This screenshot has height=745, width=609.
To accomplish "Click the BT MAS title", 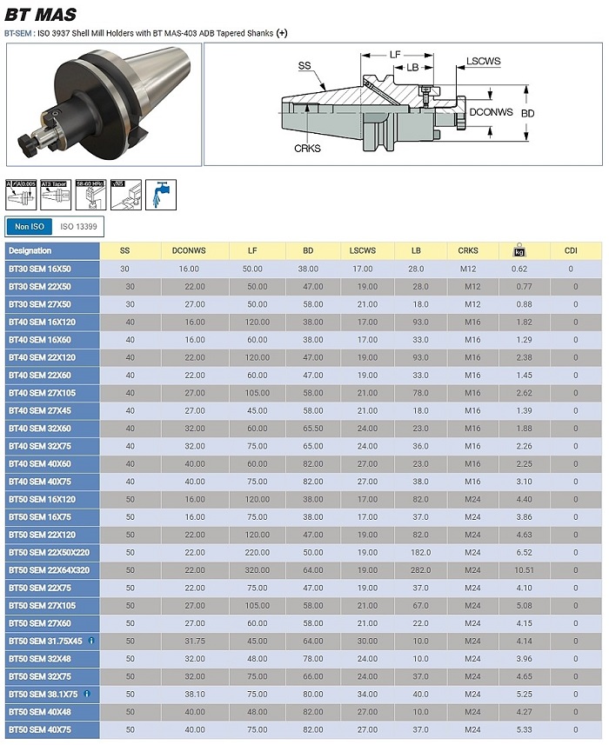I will pyautogui.click(x=40, y=14).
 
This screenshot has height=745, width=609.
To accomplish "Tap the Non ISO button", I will pyautogui.click(x=29, y=227).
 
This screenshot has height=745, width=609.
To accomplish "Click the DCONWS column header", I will pyautogui.click(x=189, y=250).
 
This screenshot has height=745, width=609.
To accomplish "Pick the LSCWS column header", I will pyautogui.click(x=362, y=250).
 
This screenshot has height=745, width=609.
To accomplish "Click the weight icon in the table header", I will pyautogui.click(x=519, y=251).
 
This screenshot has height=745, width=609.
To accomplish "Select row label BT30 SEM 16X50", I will pyautogui.click(x=40, y=269).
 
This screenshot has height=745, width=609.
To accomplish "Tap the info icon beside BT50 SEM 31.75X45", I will pyautogui.click(x=91, y=641).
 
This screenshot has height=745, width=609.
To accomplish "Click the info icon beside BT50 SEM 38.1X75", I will pyautogui.click(x=88, y=694).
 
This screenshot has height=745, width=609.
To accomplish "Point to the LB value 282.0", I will pyautogui.click(x=419, y=569).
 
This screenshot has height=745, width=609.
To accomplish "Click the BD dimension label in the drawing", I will pyautogui.click(x=527, y=113).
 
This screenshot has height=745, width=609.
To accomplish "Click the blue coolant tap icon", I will pyautogui.click(x=160, y=194).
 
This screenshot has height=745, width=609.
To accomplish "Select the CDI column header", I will pyautogui.click(x=571, y=250).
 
